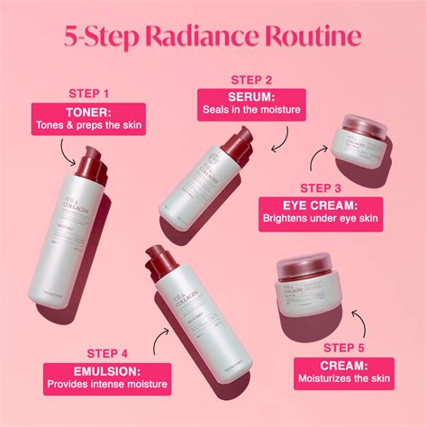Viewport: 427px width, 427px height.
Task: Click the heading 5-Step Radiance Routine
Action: click(x=213, y=39)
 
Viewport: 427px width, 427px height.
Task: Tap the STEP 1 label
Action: click(x=89, y=93)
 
